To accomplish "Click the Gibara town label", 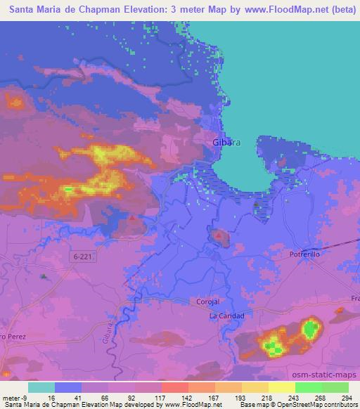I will click(226, 142).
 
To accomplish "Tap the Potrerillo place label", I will click(305, 254).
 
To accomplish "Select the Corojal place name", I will click(208, 301).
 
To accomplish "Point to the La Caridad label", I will click(226, 316).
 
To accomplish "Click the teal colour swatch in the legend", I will click(41, 387).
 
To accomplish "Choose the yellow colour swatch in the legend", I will click(281, 387).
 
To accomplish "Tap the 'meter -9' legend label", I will click(15, 398).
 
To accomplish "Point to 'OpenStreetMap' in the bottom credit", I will click(296, 405).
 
